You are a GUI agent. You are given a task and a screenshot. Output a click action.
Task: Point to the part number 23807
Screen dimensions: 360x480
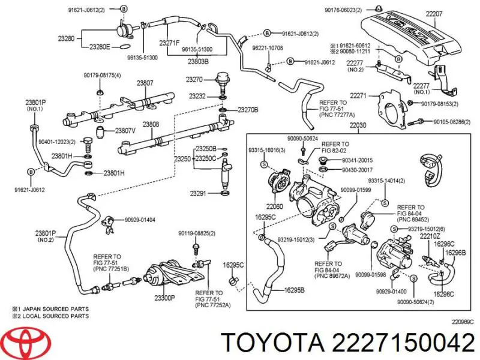145,83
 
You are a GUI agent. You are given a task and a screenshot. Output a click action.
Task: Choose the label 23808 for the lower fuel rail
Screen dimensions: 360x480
151,124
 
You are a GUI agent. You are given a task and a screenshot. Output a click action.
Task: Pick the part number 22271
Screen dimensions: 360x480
358,95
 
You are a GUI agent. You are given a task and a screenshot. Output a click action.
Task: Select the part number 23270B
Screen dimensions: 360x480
248,110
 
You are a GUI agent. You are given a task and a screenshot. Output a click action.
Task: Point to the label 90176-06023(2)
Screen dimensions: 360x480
360,9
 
